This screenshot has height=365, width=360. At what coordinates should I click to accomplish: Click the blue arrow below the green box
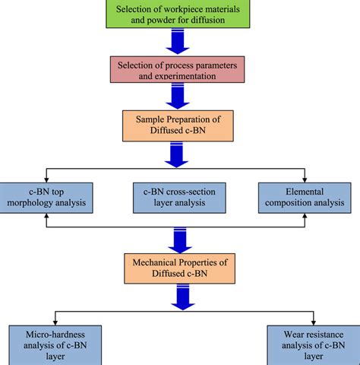pos(180,43)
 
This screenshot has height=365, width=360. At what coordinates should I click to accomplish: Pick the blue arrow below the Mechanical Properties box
pos(180,297)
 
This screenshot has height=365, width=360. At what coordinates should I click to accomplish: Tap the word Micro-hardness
pos(47,335)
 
